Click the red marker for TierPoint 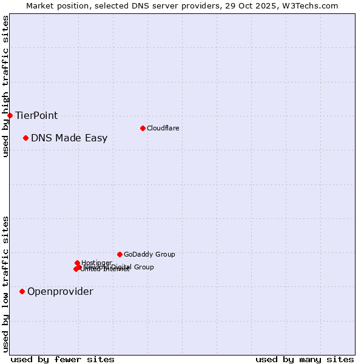pos(10,115)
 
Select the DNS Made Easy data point pos(25,138)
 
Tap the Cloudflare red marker pos(143,128)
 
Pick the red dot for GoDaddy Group pos(120,254)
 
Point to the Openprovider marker pos(22,292)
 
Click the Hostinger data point pos(77,263)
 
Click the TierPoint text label pos(36,115)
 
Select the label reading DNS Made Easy pos(69,138)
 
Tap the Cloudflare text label pos(163,128)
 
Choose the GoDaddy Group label pos(149,254)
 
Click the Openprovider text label pos(60,292)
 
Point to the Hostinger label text pos(96,263)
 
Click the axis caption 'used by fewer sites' pos(62,359)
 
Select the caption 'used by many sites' pos(305,359)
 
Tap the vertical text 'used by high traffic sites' pos(5,86)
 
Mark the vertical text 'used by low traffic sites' pos(5,283)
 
